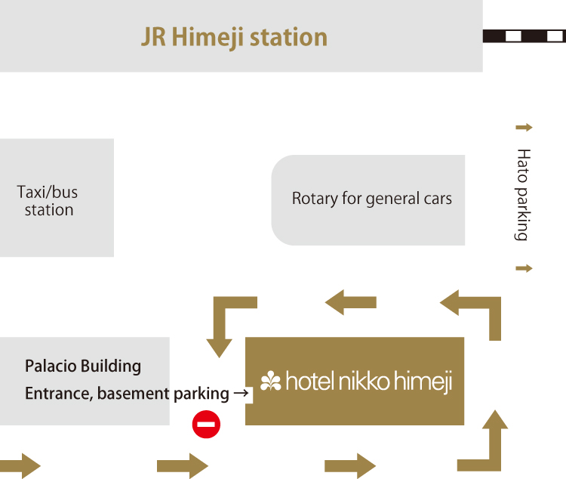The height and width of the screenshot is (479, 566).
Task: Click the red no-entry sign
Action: tap(206, 424)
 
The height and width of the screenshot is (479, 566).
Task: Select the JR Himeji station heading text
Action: tap(234, 37)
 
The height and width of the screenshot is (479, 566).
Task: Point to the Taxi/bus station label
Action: tap(48, 201)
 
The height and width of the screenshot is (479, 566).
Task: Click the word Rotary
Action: tap(315, 199)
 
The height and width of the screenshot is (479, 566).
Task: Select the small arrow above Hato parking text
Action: tap(523, 127)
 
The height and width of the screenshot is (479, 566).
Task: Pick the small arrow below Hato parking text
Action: tap(523, 268)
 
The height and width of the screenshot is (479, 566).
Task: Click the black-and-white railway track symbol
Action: tap(524, 36)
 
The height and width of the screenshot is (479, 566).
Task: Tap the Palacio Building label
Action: tap(83, 366)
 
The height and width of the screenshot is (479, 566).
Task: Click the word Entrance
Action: tap(57, 394)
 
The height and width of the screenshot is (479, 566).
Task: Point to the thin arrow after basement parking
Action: tap(241, 393)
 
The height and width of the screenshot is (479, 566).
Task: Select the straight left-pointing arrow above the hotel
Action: tap(350, 303)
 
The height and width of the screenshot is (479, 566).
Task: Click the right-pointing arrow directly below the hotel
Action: tap(349, 465)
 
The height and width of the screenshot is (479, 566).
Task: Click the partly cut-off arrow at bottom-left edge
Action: tap(19, 465)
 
